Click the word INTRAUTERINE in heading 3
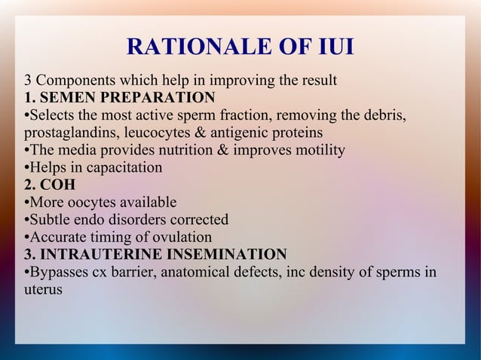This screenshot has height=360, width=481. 91,254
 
